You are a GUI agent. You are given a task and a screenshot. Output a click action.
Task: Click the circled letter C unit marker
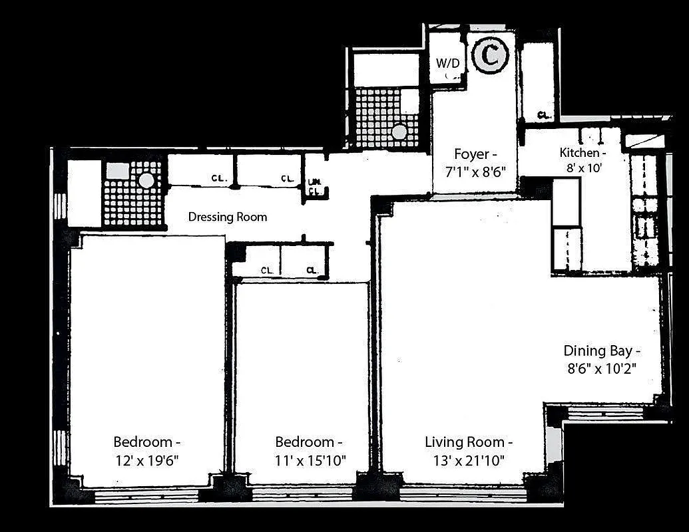point(491,56)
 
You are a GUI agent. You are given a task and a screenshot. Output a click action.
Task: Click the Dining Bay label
point(602,350)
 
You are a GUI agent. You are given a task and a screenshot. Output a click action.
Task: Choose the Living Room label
point(469,442)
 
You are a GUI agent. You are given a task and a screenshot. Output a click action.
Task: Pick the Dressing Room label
point(228,217)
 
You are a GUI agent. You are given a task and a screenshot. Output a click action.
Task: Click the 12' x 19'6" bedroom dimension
point(146,459)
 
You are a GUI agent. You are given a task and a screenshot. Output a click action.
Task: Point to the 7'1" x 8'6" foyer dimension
point(475,170)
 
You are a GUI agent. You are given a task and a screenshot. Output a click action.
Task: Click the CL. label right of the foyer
point(544,115)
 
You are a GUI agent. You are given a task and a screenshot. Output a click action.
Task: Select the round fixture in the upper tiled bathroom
point(399,132)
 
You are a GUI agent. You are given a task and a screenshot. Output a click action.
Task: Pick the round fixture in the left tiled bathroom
point(146,180)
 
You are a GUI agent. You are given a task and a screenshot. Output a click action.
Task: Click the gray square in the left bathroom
point(118,170)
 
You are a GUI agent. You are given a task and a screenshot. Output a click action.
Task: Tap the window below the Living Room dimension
point(463,493)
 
